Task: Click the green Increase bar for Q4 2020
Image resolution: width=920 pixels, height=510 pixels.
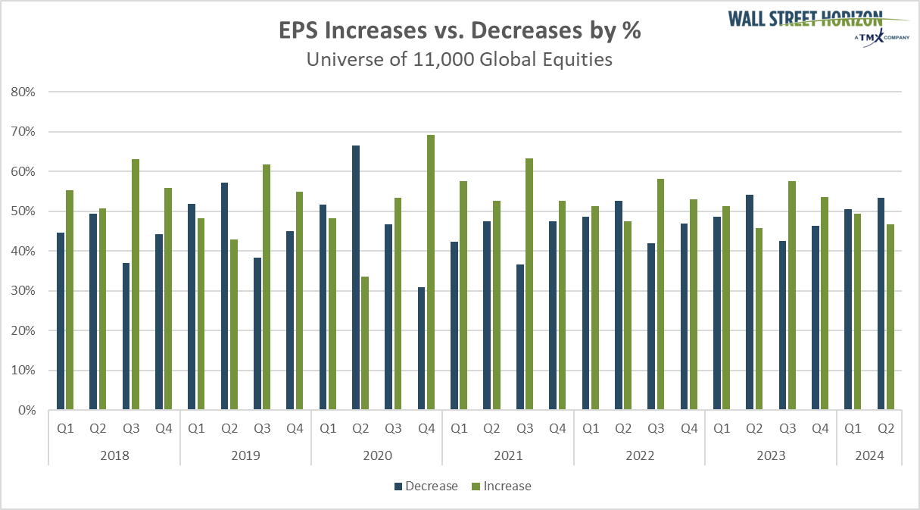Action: pos(431,273)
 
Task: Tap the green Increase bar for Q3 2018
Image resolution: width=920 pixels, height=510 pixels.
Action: pos(136,285)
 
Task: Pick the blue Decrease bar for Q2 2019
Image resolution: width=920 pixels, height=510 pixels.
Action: pos(225,296)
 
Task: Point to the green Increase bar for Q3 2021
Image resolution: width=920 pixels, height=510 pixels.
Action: pos(529,284)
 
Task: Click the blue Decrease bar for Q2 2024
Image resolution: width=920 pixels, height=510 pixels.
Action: pos(881,304)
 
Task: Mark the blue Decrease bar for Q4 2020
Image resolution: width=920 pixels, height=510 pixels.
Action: pos(422,349)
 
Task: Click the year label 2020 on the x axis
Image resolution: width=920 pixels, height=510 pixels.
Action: pos(376,456)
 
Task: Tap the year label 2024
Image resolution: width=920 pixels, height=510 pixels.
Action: pos(869,456)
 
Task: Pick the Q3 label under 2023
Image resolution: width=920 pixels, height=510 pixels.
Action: pos(787,428)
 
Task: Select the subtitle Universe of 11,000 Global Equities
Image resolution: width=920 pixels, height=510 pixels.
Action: pos(459,59)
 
